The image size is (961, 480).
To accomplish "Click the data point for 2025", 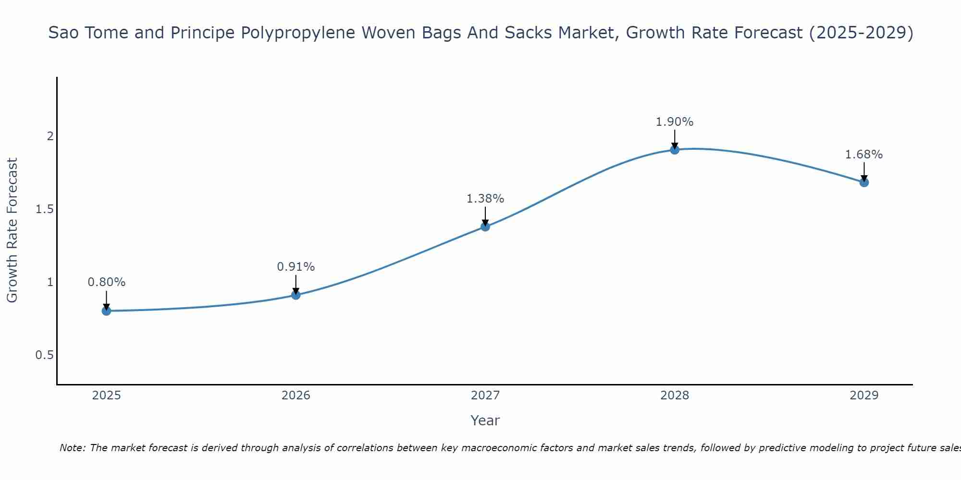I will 106,311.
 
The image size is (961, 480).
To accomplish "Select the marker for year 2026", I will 296,295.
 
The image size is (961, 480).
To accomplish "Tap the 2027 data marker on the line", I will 485,227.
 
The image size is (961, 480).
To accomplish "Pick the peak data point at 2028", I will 675,150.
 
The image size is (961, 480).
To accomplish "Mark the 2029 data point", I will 864,182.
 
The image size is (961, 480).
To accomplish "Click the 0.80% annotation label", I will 106,282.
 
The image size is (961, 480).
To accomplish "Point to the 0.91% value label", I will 296,267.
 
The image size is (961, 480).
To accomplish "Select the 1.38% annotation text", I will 485,199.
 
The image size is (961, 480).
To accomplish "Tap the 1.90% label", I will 675,122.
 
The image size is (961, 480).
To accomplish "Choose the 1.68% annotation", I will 864,155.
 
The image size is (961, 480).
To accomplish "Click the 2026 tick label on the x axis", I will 296,396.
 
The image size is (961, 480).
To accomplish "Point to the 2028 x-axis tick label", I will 675,396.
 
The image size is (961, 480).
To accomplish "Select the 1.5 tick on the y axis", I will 44,209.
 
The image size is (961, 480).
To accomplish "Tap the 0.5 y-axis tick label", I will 44,355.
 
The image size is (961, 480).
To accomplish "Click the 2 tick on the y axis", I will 49,136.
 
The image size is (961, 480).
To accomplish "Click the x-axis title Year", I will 485,420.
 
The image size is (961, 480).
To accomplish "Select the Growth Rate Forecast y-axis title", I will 12,230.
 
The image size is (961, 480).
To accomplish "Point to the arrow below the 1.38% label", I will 485,216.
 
